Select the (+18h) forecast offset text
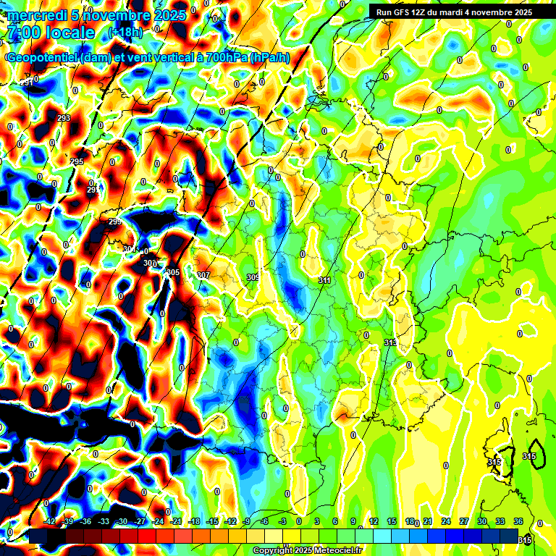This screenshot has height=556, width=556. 125,33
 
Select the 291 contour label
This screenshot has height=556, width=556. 27,83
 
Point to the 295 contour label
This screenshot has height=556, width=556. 77,161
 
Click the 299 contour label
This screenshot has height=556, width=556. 114,222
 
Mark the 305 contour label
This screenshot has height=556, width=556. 173,272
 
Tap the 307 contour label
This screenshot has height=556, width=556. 203,276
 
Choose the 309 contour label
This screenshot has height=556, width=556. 253,277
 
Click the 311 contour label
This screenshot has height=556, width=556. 324,279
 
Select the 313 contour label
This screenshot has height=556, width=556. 390,342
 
